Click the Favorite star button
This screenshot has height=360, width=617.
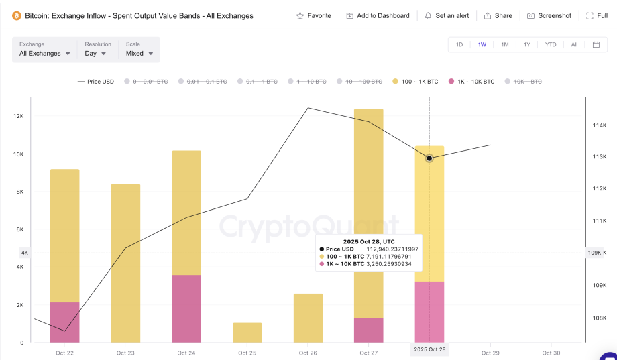[x=313, y=15]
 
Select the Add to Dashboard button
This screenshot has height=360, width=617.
[x=378, y=15]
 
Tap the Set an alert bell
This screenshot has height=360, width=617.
[x=447, y=15]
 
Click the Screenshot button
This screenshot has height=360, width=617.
[x=549, y=15]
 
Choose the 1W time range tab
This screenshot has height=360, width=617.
[x=482, y=45]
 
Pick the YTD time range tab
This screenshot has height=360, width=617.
[x=551, y=45]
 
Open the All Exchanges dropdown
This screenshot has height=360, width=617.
[x=45, y=53]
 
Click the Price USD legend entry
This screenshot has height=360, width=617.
[x=96, y=82]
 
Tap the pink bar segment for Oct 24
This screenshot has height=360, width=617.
[x=186, y=308]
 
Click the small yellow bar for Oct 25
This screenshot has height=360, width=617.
[x=247, y=333]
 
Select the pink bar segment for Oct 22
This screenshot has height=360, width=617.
[x=65, y=322]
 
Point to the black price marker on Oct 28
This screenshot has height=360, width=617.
[x=429, y=158]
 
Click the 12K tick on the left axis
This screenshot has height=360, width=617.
[x=19, y=117]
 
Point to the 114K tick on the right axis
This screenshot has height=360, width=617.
[x=599, y=125]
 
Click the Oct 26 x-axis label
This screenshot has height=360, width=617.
[x=308, y=353]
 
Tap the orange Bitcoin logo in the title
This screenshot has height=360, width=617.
[x=17, y=15]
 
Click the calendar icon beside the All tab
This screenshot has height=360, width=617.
[x=596, y=45]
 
